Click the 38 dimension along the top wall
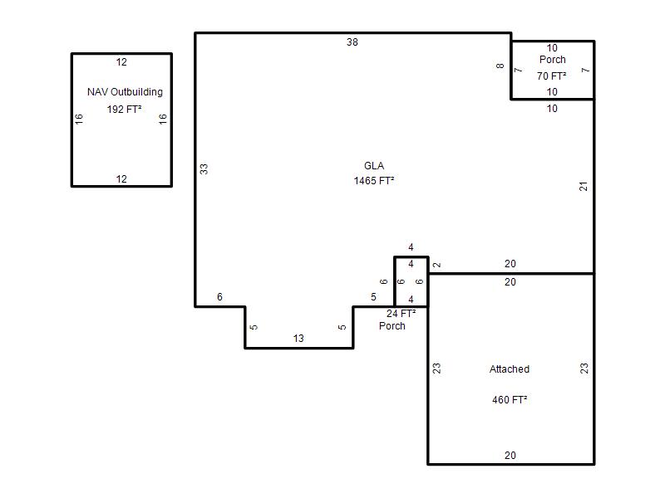point(352,42)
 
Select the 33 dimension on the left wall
point(204,169)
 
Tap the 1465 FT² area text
point(373,181)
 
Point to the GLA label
point(374,165)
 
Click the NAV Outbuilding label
point(126,92)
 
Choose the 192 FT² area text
point(124,110)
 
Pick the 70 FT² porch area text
point(552,76)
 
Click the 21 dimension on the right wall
point(584,186)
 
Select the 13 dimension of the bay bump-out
point(298,339)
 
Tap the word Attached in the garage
point(510,369)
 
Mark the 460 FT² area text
point(510,400)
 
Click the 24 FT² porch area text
point(401,314)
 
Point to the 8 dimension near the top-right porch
point(500,66)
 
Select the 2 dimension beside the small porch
point(437,265)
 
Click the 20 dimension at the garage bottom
point(510,455)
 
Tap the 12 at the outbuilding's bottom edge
point(121,179)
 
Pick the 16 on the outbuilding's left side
point(79,120)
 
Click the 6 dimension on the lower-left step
point(219,297)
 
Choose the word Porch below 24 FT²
point(392,326)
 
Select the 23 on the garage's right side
point(584,369)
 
